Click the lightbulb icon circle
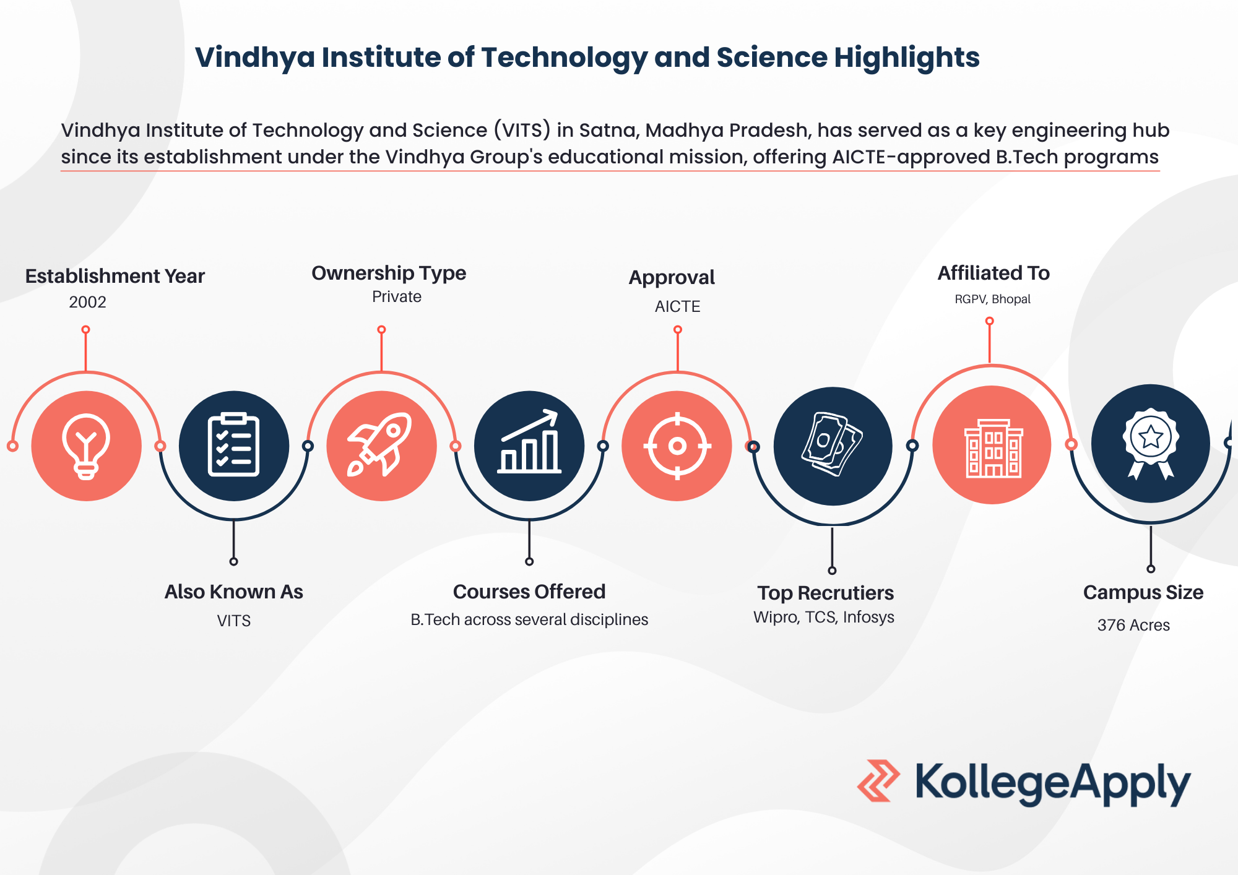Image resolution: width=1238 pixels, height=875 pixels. click(x=87, y=446)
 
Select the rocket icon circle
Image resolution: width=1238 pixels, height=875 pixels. click(x=382, y=446)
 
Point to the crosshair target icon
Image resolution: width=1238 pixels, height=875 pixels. click(x=677, y=446)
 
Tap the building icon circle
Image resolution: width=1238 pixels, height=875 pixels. click(x=992, y=445)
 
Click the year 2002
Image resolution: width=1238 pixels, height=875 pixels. click(x=87, y=302)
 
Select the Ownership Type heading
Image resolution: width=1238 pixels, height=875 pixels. click(x=389, y=273)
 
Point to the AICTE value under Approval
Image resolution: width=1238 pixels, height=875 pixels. click(x=678, y=306)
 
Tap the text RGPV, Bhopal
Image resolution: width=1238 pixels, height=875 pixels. click(x=992, y=300)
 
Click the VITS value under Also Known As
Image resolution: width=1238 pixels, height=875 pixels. click(x=234, y=621)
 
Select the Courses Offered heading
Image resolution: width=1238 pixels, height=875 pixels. click(x=529, y=592)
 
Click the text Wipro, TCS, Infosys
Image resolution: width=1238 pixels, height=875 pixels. click(x=824, y=618)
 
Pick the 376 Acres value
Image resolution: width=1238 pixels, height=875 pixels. click(x=1133, y=625)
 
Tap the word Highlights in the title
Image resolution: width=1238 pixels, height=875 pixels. click(x=907, y=58)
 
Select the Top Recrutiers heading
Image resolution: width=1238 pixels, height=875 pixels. click(x=826, y=593)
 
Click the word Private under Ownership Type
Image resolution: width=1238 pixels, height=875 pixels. click(x=397, y=297)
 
